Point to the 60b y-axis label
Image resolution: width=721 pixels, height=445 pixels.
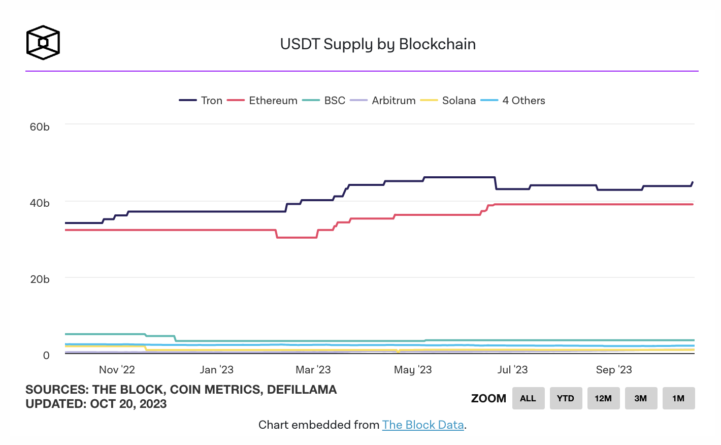(40, 127)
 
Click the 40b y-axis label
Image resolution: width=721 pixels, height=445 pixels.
(40, 203)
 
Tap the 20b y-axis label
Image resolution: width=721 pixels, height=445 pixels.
(40, 279)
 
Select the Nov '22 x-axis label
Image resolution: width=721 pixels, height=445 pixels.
(117, 370)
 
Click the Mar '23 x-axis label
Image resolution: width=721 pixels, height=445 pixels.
(313, 370)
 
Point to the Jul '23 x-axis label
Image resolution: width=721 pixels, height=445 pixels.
(512, 370)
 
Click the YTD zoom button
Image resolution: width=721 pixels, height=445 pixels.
(565, 398)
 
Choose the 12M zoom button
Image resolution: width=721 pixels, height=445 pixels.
(603, 398)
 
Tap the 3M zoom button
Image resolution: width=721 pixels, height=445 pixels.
(640, 398)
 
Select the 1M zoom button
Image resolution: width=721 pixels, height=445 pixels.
(678, 398)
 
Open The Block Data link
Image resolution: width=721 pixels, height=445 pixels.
(423, 425)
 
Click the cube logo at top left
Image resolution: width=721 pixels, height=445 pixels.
(43, 43)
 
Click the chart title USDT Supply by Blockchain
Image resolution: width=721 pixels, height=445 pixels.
(378, 44)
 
